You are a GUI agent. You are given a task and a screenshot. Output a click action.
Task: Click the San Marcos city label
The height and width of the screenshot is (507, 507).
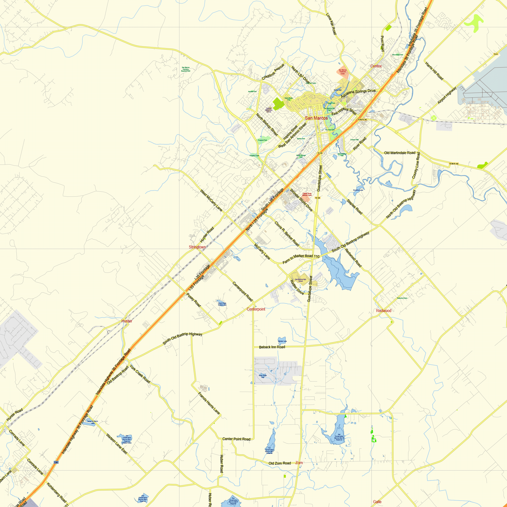coord(316,118)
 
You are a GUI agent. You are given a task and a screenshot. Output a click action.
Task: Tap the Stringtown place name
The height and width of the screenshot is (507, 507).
coord(197,247)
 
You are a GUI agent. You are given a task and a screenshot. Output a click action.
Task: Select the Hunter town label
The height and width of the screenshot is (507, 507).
coord(127,321)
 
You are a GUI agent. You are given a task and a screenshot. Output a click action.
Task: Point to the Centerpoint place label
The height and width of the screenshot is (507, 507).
coord(256,309)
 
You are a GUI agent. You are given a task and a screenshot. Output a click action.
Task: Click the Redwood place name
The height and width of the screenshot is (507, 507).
coord(383,311)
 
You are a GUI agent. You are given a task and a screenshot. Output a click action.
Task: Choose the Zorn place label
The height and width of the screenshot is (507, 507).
coord(299,463)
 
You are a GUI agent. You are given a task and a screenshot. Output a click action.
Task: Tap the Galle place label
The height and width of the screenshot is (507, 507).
coord(377,502)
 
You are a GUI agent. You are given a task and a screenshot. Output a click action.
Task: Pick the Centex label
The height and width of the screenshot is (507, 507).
coord(376,66)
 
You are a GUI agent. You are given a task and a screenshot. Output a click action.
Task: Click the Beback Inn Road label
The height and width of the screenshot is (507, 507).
coord(272,347)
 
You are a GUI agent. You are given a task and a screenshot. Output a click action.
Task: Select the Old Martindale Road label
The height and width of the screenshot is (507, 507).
coord(400,153)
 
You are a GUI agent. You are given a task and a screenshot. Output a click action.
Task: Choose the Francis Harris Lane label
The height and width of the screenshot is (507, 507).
coord(209,403)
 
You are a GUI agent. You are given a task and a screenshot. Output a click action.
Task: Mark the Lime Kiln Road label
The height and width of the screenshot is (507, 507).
coord(331,24)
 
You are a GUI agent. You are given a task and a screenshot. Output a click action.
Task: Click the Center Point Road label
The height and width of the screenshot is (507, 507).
coord(236,439)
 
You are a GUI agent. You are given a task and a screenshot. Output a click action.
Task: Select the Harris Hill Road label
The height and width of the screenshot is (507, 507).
coord(434,71)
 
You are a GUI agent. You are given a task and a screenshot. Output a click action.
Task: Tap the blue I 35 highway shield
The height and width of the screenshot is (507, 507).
coord(56,462)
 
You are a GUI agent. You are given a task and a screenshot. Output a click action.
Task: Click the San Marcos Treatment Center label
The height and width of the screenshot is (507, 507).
coord(342,72)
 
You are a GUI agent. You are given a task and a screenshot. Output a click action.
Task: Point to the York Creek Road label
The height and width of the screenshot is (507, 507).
coord(140,374)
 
